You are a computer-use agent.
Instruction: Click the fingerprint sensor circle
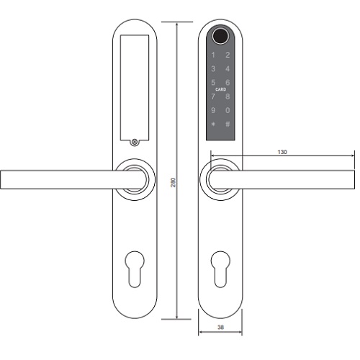click(220, 36)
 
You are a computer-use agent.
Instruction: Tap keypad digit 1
click(213, 55)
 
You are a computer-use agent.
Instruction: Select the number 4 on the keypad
click(228, 69)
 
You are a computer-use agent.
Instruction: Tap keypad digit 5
click(213, 83)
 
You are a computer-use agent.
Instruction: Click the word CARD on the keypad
click(220, 89)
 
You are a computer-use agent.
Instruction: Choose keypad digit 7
click(213, 96)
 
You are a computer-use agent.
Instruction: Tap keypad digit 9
click(213, 110)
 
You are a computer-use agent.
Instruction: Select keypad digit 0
click(228, 110)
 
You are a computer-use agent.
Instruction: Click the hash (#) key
click(228, 125)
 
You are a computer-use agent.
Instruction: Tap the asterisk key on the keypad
click(213, 125)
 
